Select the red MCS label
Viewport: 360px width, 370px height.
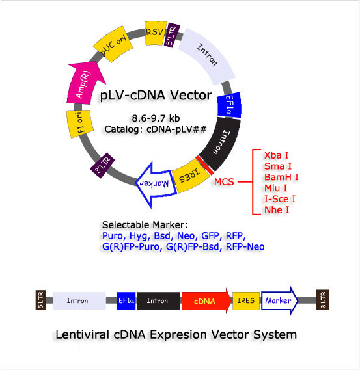pos(225,182)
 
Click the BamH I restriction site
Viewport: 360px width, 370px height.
pos(281,176)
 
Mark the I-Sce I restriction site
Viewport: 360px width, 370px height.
pos(281,198)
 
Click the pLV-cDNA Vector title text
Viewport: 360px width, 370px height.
pos(156,96)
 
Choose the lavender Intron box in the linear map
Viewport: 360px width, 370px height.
pos(79,300)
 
